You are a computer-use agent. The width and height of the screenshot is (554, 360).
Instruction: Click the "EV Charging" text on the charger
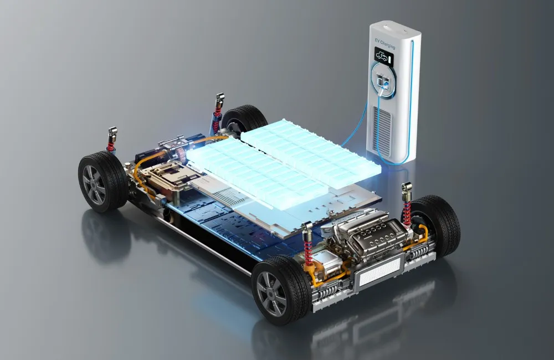pos(385,44)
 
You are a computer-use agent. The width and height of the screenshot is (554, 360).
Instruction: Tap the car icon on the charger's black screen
pos(381,56)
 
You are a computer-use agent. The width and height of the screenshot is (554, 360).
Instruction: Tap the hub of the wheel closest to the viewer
pos(271,294)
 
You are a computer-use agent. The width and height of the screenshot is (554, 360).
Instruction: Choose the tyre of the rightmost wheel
pos(438,225)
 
